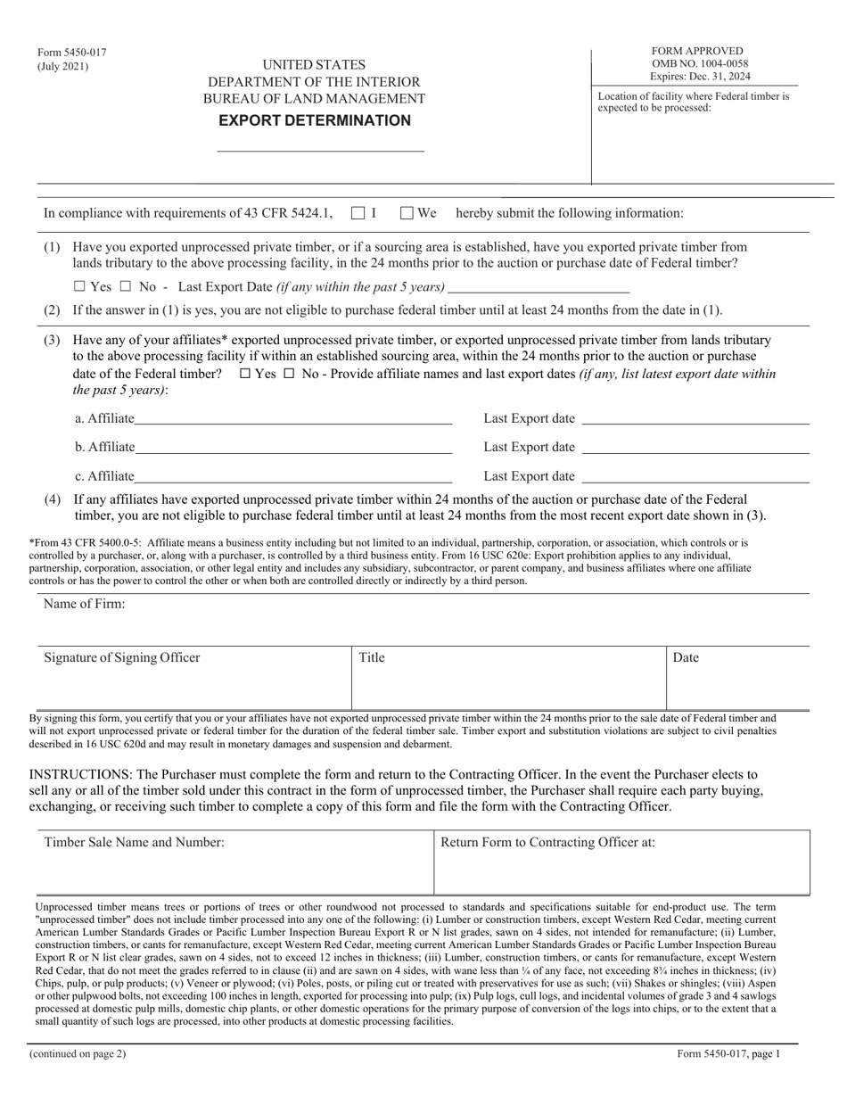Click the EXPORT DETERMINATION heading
pos(317,120)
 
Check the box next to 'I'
pos(358,213)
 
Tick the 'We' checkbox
pos(407,213)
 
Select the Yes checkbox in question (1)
pos(80,286)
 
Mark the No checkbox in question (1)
pos(125,286)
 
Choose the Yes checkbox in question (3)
pos(245,375)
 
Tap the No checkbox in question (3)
pos(288,375)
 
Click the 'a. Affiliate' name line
pos(293,418)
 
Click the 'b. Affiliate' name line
pos(293,447)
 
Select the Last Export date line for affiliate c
pos(695,475)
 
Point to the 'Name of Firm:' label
pos(85,604)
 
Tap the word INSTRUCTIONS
pos(78,774)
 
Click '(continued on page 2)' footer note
pos(78,1053)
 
